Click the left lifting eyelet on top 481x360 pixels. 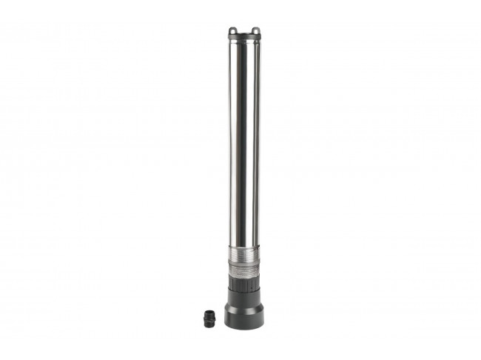click(x=233, y=30)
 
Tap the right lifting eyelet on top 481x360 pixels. click(x=256, y=30)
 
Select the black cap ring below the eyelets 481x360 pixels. click(x=244, y=36)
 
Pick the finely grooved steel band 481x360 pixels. click(x=244, y=253)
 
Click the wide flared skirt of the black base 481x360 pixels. click(x=244, y=311)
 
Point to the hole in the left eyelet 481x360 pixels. click(x=233, y=31)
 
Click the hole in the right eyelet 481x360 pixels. click(x=256, y=31)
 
